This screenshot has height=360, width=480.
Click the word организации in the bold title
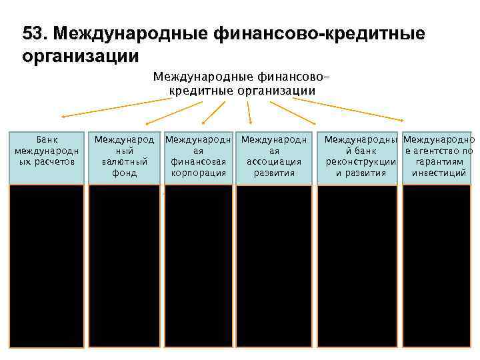pyautogui.click(x=81, y=55)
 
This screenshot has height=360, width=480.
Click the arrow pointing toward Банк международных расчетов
pyautogui.click(x=120, y=108)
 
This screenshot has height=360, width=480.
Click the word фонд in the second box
pyautogui.click(x=124, y=173)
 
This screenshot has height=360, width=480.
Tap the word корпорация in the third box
pyautogui.click(x=199, y=173)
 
